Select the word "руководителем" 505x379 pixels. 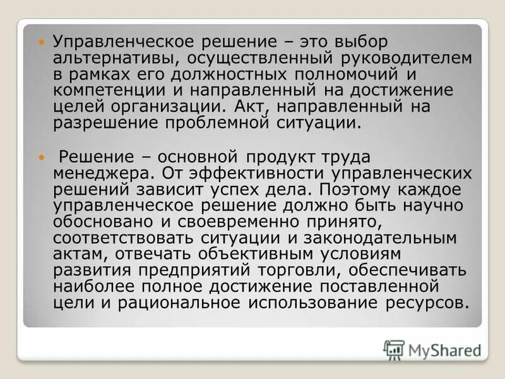point(412,58)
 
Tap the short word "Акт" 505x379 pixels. point(251,106)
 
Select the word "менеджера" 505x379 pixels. point(101,172)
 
